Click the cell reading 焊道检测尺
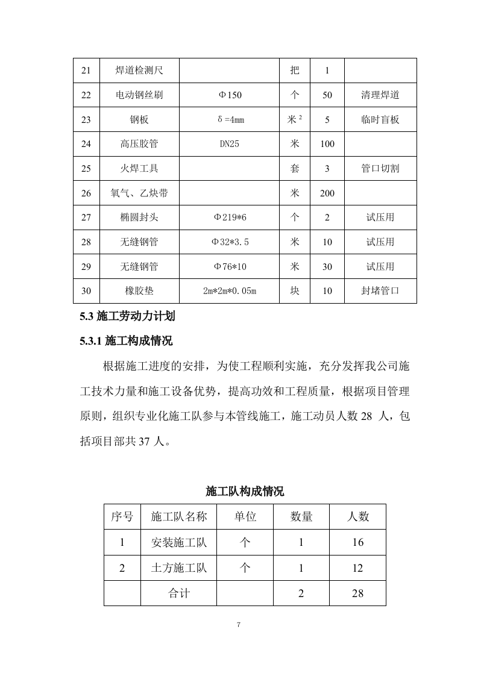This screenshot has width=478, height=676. pos(139,70)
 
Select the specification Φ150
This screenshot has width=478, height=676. pos(230,95)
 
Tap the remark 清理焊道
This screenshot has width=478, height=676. pos(380,95)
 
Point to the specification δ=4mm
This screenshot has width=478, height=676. pos(230,120)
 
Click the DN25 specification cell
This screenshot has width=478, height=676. pos(230,144)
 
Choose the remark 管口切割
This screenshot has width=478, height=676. pos(380,169)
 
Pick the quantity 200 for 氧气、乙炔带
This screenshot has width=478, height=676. pos(327,193)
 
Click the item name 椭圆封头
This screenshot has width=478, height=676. pos(139,218)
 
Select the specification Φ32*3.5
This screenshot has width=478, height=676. pos(230,242)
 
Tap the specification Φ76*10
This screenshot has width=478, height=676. pos(230,267)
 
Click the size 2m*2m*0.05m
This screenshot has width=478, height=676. pos(230,292)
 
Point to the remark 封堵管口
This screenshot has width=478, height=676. pos(380,291)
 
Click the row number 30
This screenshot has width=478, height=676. pos(86,291)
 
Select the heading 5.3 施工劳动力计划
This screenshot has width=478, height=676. pos(127,316)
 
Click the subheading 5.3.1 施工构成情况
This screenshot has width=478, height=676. pos(126,341)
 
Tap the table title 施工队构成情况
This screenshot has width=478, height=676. pos(245,491)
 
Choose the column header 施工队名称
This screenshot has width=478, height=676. pos(178,516)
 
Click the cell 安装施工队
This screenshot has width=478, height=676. pos(178,542)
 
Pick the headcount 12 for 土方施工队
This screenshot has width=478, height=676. pos(357,568)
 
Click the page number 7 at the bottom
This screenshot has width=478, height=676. pos(239,625)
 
